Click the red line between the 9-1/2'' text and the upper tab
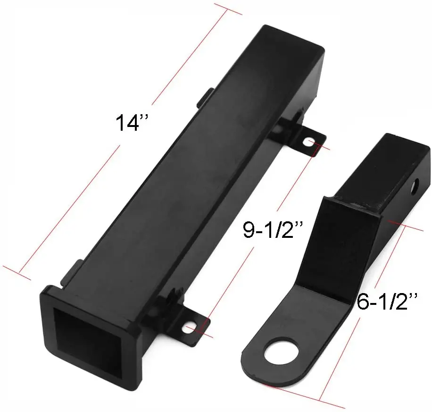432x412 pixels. (x=295, y=179)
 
